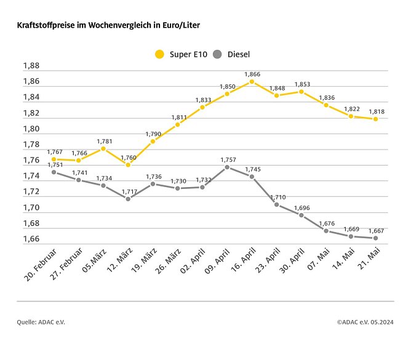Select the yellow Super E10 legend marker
point(159,54)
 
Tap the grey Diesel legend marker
point(217,54)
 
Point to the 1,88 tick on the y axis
point(31,66)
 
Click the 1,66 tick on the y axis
point(31,239)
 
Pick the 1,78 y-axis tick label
point(31,145)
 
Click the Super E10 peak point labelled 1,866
point(252,81)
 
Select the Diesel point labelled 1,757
point(227,167)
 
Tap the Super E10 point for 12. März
point(128,165)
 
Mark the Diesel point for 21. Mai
point(375,238)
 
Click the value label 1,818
point(377,111)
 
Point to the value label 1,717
point(128,191)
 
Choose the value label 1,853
point(302,84)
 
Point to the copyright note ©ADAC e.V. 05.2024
point(365,321)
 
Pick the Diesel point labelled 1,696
point(301,215)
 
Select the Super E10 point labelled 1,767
point(54,159)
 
